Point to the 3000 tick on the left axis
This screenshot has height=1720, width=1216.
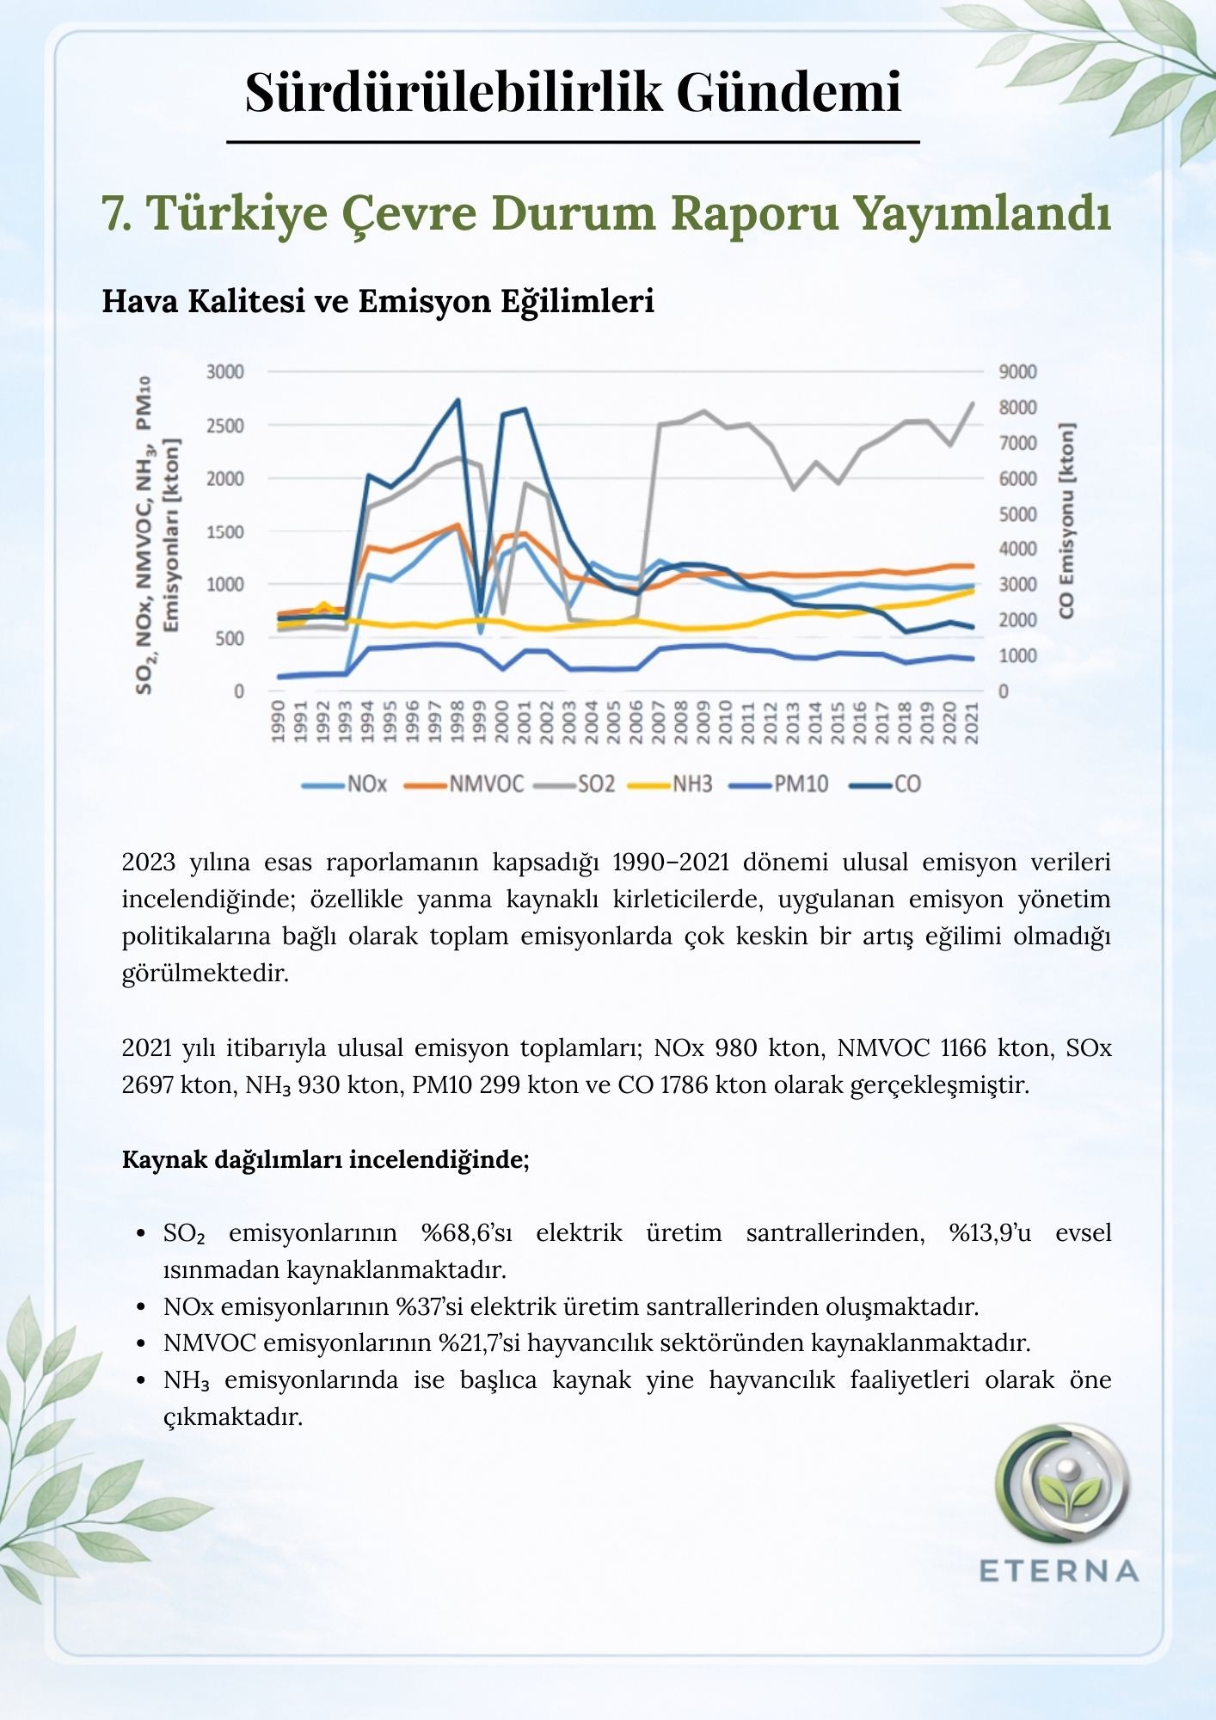click(225, 372)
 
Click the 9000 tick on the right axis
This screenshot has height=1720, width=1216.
click(1018, 372)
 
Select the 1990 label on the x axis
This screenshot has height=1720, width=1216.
click(278, 722)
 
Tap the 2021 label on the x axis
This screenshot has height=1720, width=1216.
click(973, 722)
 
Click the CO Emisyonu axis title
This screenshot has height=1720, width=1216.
click(1067, 520)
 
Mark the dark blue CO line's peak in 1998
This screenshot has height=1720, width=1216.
click(458, 400)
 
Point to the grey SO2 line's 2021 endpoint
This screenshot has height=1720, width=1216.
click(973, 403)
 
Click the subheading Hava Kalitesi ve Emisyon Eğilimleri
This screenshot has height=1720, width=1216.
click(378, 301)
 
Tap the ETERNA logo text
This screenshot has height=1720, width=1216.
click(1059, 1571)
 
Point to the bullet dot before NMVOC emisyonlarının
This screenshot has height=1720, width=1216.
click(142, 1343)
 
